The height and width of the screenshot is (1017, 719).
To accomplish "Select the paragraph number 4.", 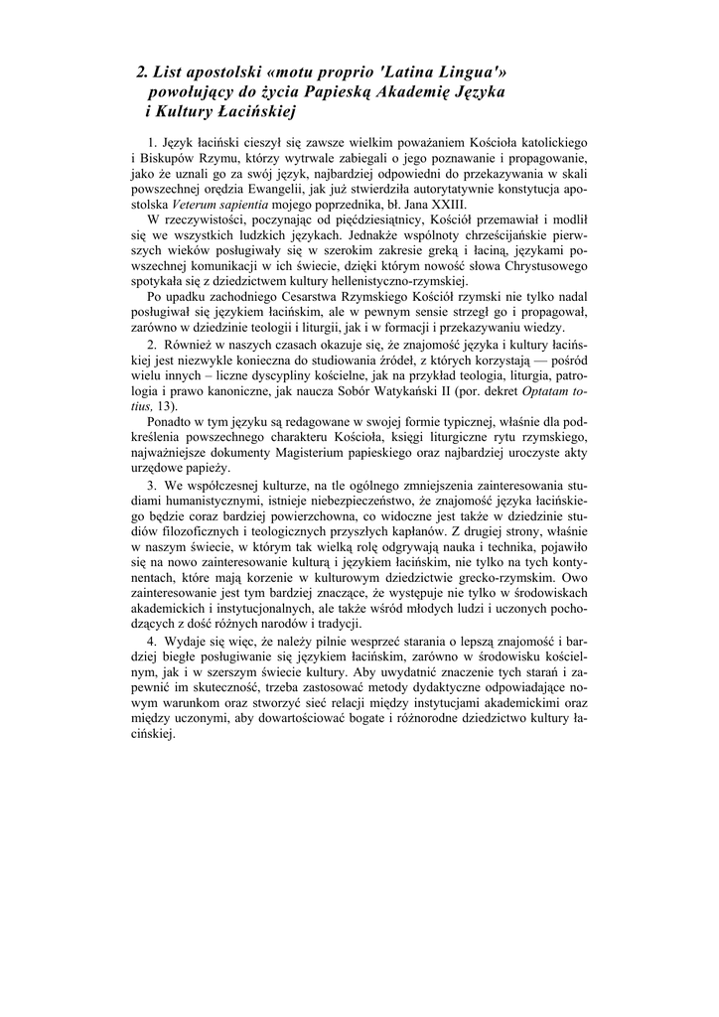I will click(x=152, y=637).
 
